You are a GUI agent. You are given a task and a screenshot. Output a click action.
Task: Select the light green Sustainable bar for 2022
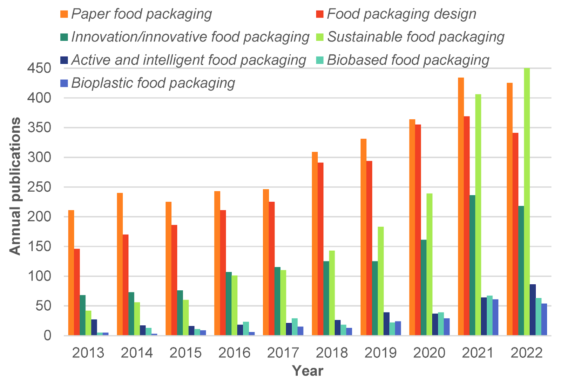(527, 202)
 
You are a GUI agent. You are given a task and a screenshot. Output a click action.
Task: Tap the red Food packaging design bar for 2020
(418, 230)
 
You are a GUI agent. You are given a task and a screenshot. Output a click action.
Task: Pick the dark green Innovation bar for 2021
(472, 265)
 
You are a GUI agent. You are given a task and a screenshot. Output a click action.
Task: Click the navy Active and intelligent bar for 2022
(533, 310)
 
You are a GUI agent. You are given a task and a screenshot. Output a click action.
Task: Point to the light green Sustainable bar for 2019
(380, 281)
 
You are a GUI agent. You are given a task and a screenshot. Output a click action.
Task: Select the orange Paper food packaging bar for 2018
(315, 244)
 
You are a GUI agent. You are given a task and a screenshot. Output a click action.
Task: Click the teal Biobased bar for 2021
(489, 316)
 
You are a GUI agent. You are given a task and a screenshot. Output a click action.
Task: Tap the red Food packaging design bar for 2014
(126, 285)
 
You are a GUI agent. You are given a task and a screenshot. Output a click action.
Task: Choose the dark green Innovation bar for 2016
(229, 304)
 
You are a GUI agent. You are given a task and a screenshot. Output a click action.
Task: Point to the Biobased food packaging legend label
(408, 60)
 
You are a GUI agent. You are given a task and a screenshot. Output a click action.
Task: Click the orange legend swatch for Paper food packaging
(64, 14)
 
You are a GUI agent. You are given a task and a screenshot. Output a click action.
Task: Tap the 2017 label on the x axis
(283, 353)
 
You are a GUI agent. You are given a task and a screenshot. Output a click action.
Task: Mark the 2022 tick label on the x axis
(526, 353)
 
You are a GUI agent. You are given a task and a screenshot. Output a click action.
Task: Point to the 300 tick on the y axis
(39, 157)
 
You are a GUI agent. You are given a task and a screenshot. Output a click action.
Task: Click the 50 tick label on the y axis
(43, 306)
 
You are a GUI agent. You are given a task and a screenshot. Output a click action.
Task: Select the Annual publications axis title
(15, 186)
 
